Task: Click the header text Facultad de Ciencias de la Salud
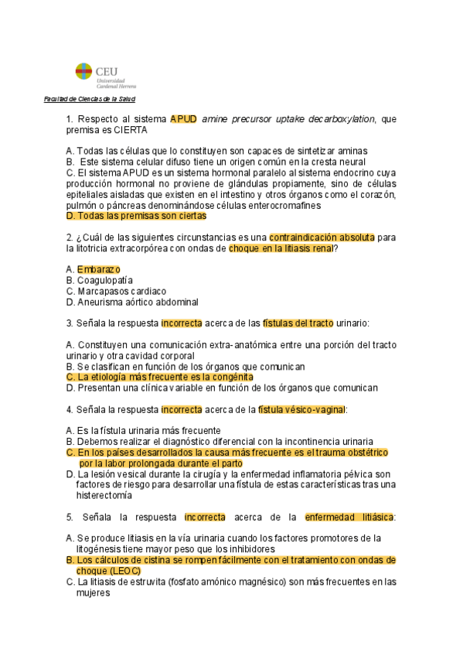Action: click(90, 100)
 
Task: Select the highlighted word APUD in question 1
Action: click(183, 119)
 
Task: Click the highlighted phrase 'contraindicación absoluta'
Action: click(322, 237)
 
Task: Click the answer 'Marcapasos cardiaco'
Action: click(121, 291)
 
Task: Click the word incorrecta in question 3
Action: click(181, 323)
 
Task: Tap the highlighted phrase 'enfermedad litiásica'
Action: click(350, 516)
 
